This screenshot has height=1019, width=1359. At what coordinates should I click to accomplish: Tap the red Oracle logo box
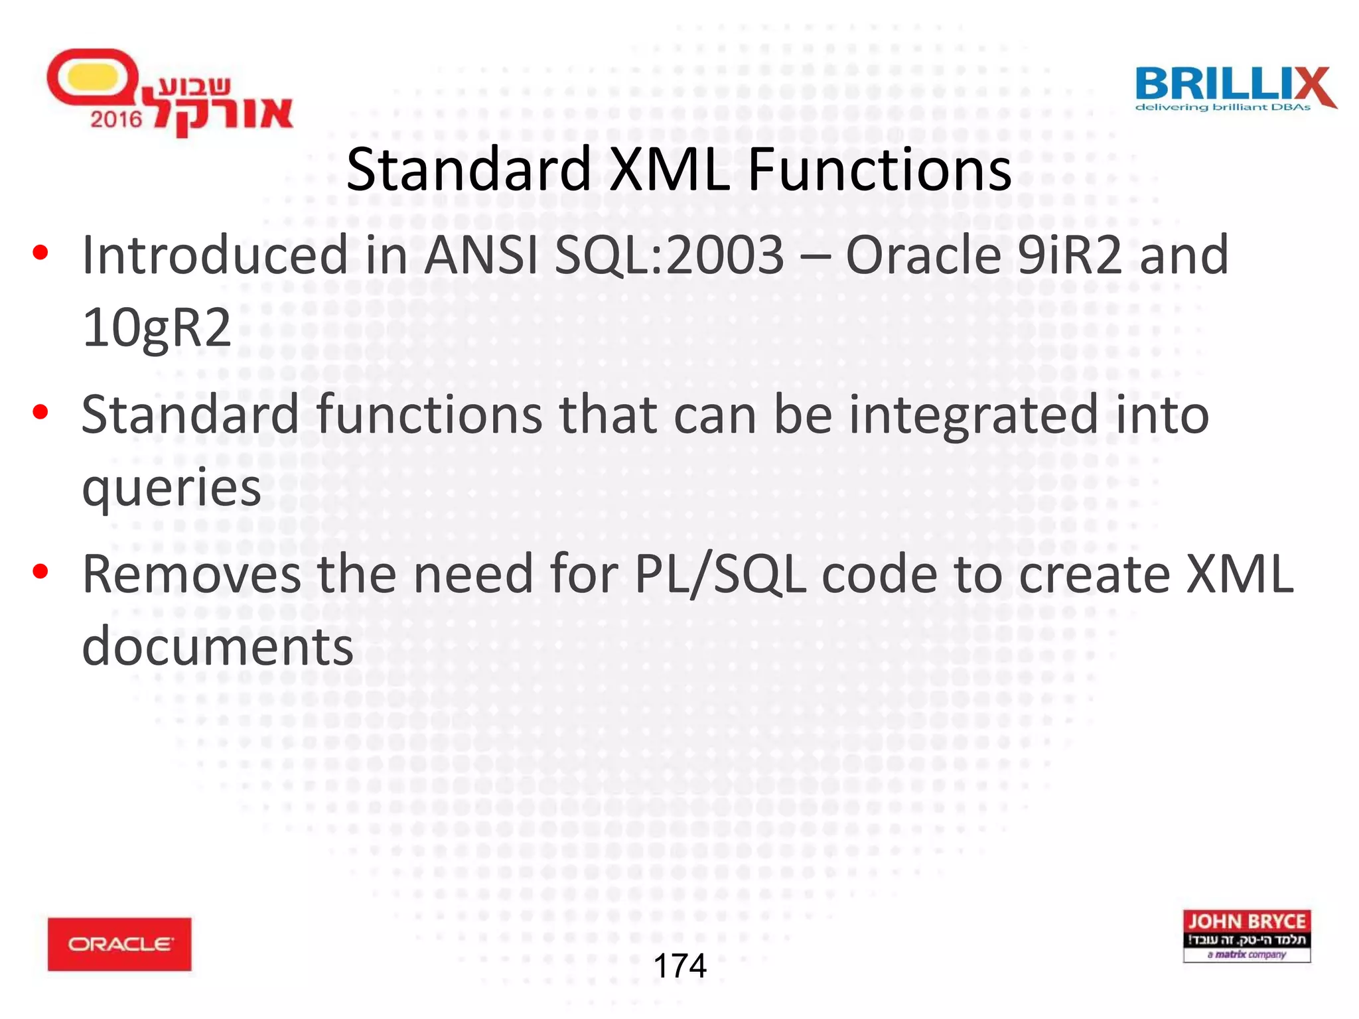(119, 943)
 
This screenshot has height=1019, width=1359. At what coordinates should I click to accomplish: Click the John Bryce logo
(1246, 935)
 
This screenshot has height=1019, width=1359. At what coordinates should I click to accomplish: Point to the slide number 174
(679, 965)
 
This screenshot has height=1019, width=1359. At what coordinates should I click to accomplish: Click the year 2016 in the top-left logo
(116, 119)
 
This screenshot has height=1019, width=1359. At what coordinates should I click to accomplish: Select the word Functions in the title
(879, 170)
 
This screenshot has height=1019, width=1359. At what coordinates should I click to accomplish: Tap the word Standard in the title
(468, 170)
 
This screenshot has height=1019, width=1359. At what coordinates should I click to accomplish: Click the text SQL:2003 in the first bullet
(670, 255)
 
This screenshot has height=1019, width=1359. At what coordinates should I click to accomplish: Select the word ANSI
(481, 255)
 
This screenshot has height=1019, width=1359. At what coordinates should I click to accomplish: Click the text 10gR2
(157, 328)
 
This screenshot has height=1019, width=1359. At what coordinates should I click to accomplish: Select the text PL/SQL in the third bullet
(720, 575)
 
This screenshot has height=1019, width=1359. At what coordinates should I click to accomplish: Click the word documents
(218, 647)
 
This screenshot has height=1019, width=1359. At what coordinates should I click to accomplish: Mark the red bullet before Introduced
(40, 253)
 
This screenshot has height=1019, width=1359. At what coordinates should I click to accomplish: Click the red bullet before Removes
(40, 571)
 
